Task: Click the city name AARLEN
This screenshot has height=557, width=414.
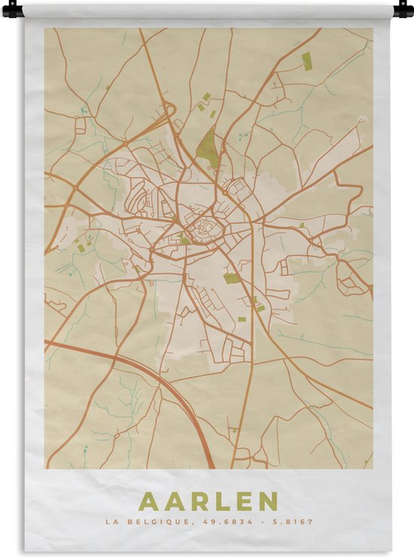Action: point(209,501)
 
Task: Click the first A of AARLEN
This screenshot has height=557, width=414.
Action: point(148,501)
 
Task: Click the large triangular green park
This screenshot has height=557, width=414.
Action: point(205,146)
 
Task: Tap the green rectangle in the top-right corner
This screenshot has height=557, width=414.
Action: point(306,61)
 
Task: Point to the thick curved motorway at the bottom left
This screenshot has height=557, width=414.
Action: point(151,376)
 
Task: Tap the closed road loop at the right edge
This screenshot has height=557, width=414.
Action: point(352,278)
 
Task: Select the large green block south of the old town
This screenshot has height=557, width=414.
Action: point(232,278)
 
